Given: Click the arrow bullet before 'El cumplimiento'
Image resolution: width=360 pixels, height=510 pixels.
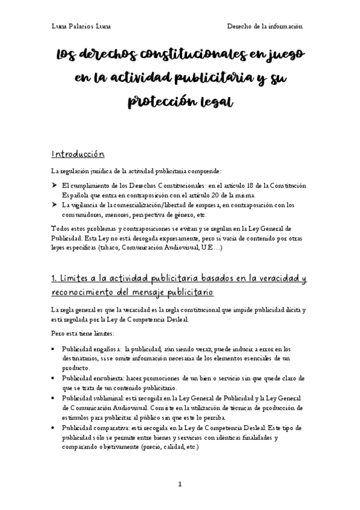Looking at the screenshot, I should [x=55, y=186].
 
